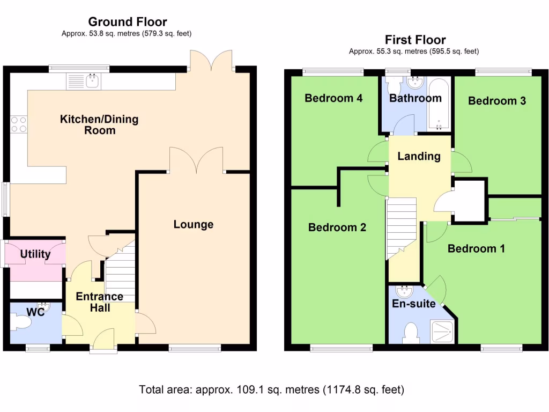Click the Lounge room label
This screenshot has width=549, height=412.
pos(193,224)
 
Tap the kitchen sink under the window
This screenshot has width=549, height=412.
pos(83,82)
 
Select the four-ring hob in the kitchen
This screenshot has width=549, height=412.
pos(19,124)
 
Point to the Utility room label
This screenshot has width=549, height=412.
pos(35,254)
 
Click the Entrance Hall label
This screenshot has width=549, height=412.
pos(100,302)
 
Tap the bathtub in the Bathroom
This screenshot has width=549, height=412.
pos(439,105)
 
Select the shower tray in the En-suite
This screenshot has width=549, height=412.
pos(443,331)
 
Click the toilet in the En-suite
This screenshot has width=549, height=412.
pos(411,333)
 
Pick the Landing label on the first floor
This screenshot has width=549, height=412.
pos(419,156)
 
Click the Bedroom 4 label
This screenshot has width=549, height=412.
pos(333,98)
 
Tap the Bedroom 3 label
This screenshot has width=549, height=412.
pos(497,101)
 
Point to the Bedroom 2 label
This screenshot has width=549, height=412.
pos(337,227)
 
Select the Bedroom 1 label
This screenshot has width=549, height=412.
pos(476,249)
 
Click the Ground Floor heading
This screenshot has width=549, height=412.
pos(128,22)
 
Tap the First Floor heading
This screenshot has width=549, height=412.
pos(416,40)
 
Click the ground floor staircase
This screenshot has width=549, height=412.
pos(121,273)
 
